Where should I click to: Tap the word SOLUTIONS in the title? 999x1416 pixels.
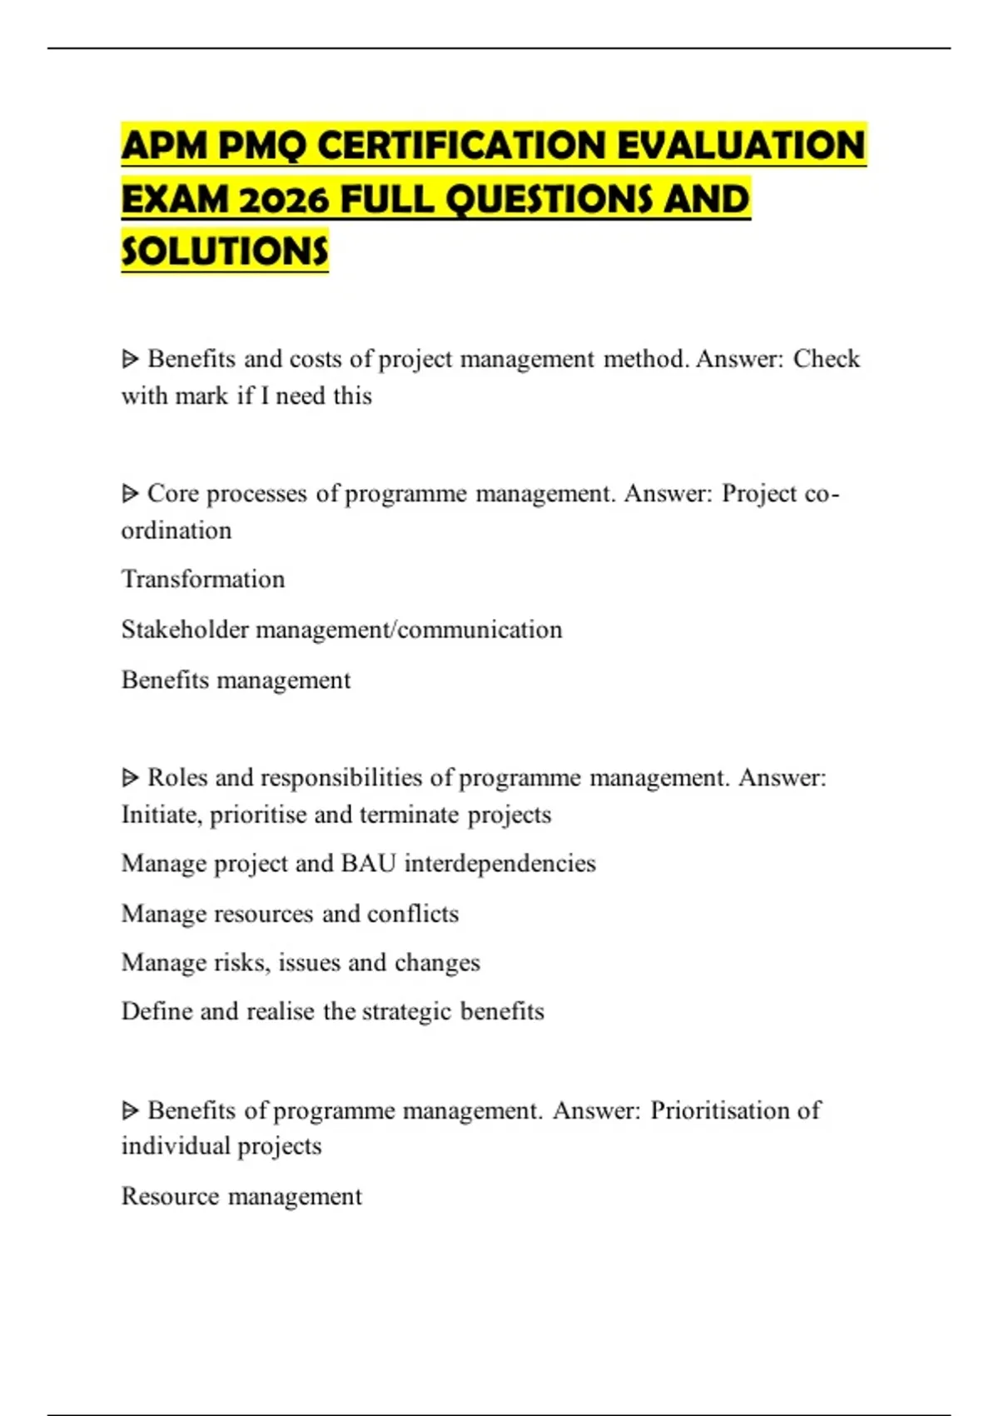[225, 252]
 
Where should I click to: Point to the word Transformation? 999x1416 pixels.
[203, 579]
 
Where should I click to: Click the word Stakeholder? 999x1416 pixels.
[185, 629]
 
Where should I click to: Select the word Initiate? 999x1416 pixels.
[162, 815]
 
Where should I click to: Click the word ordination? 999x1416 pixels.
[176, 531]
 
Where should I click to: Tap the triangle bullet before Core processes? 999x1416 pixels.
[130, 494]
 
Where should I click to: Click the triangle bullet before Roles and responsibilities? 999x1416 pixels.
[130, 778]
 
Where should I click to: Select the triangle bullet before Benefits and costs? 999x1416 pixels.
[130, 359]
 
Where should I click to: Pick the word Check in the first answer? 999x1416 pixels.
[826, 359]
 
